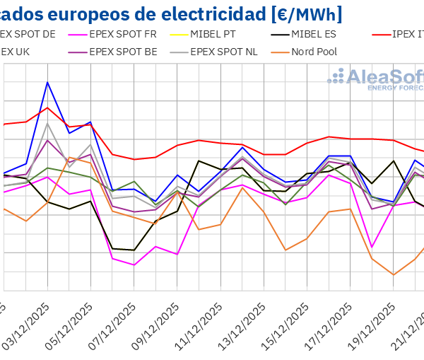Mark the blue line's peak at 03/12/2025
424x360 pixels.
pos(47,82)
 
